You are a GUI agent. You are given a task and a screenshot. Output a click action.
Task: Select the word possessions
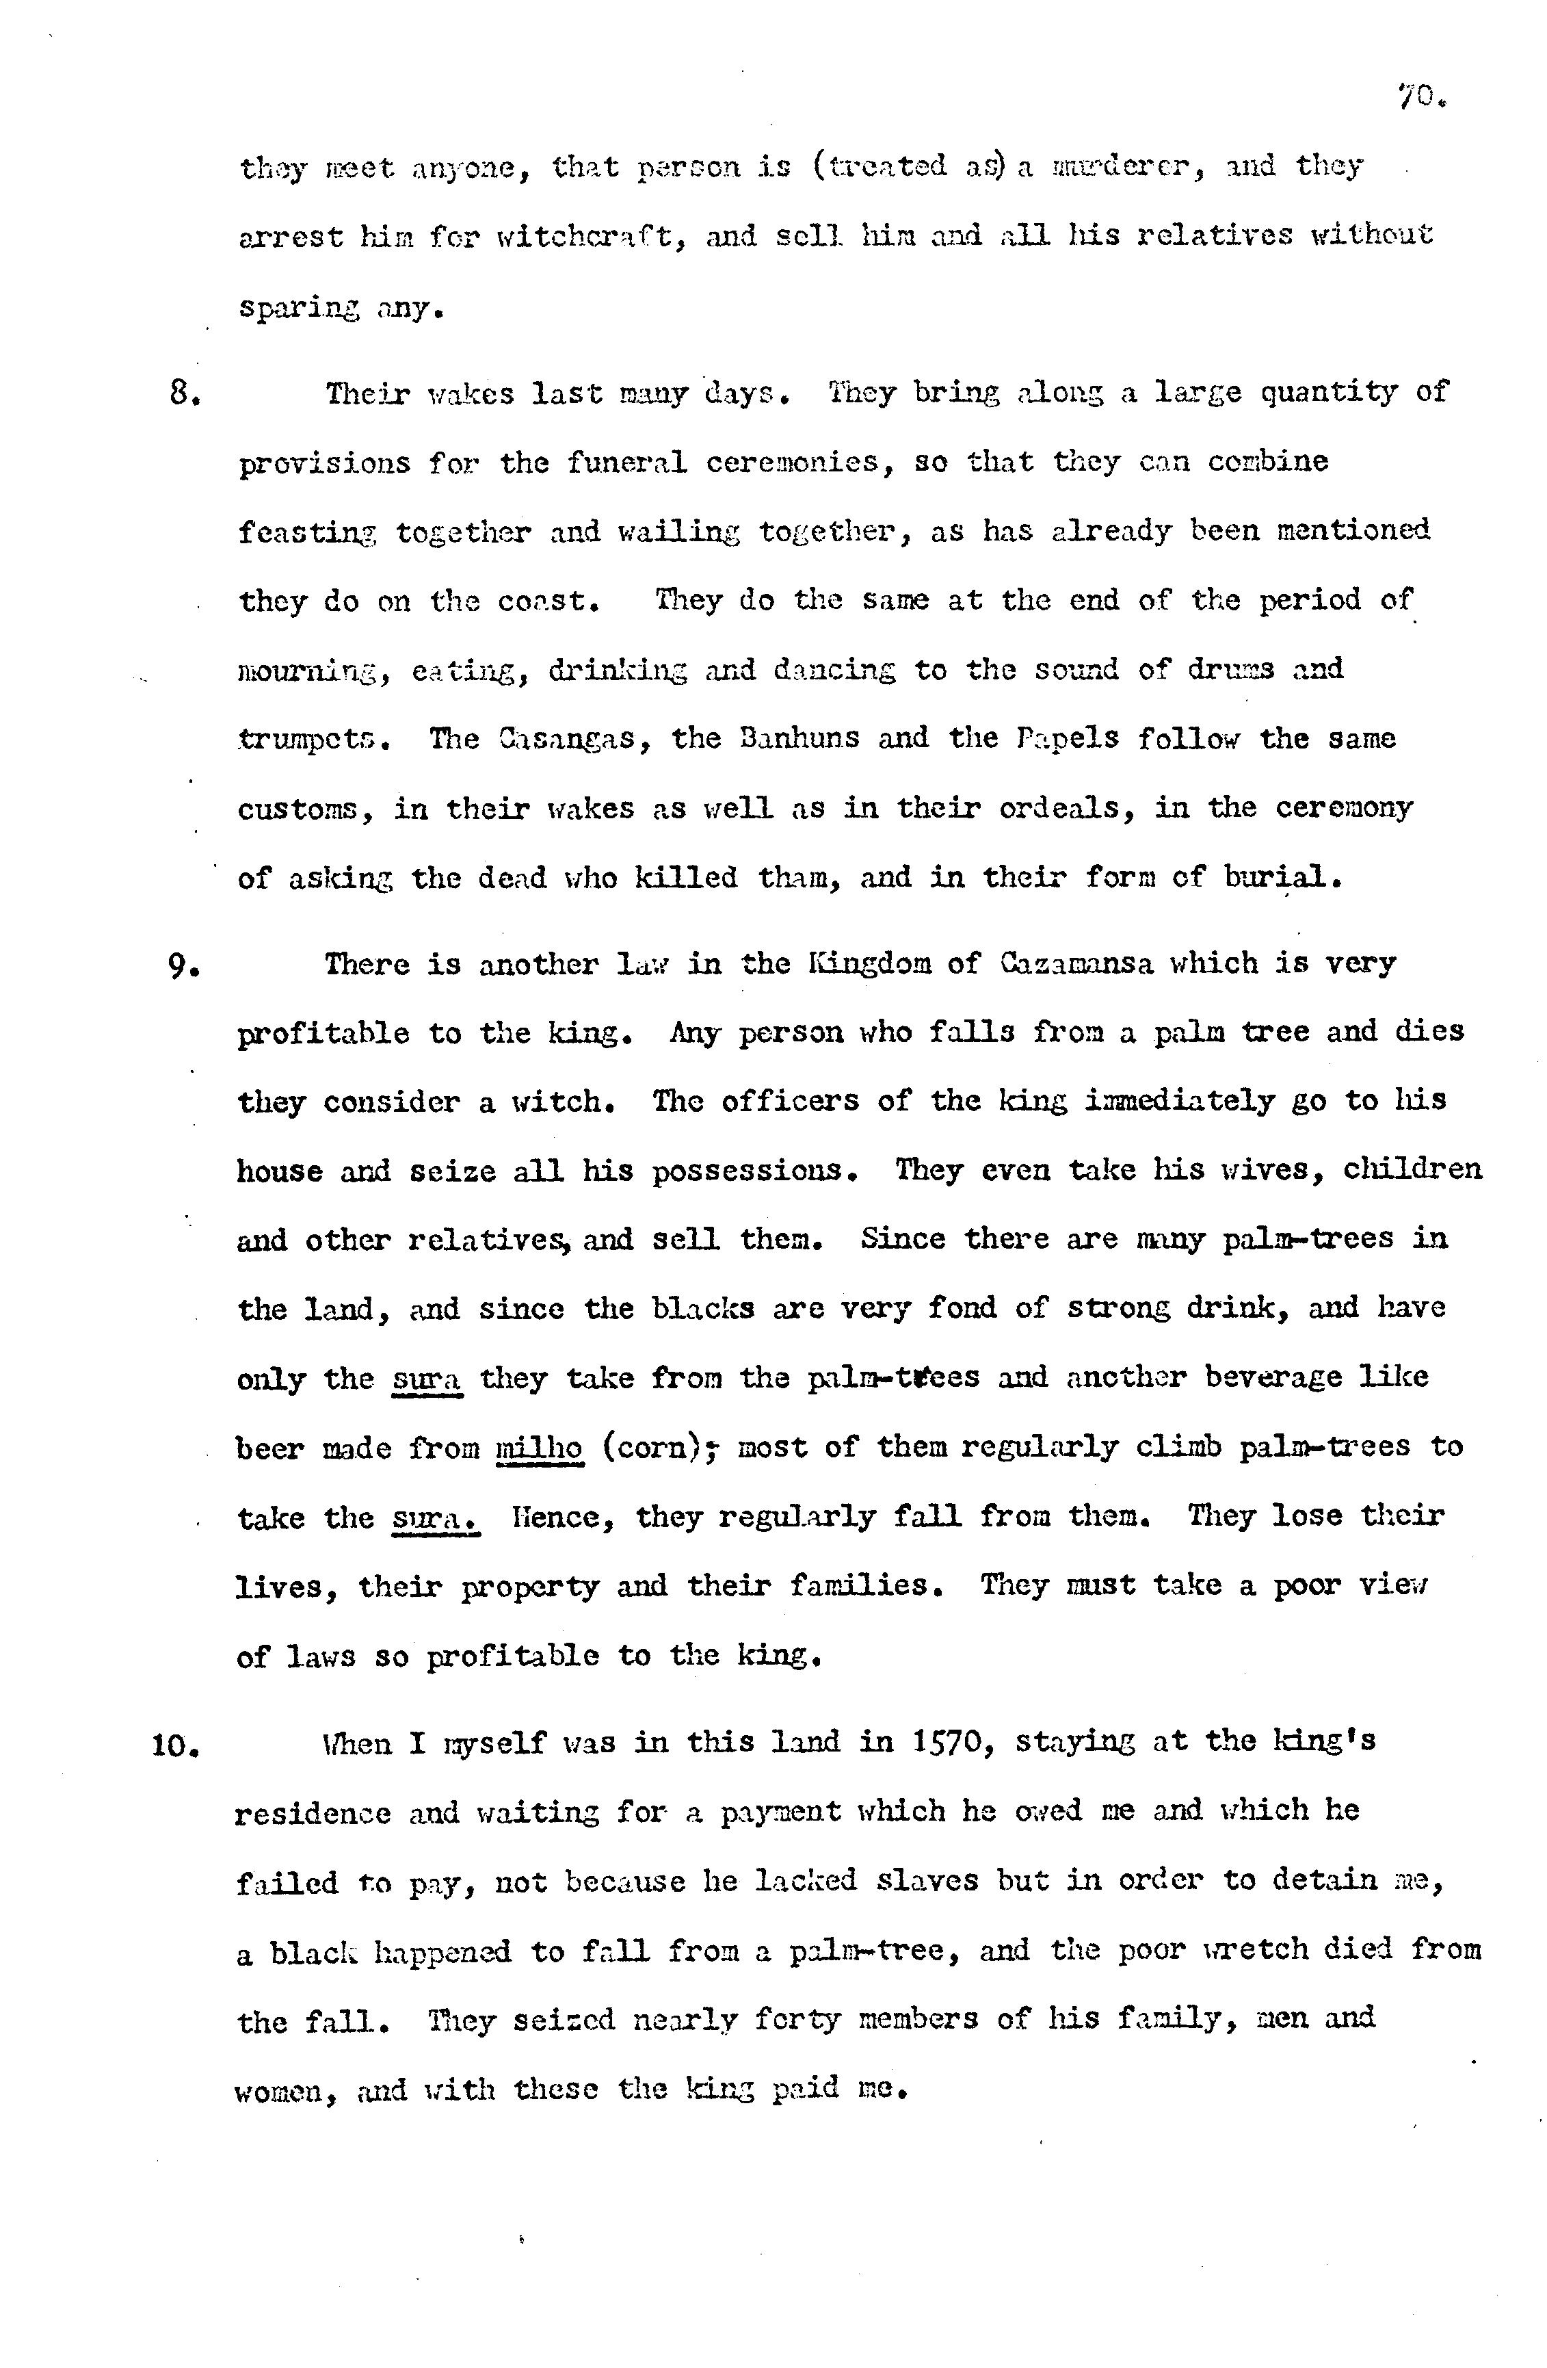[x=754, y=1171]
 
